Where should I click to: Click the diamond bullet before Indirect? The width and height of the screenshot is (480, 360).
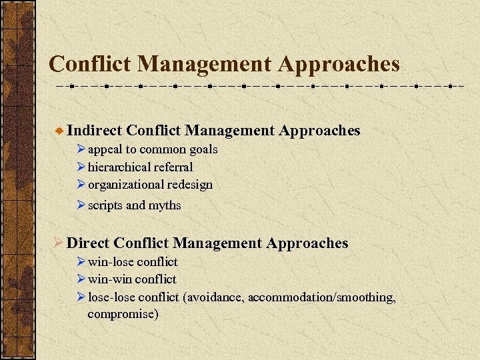click(x=59, y=131)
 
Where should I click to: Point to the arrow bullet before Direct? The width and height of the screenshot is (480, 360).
click(x=58, y=243)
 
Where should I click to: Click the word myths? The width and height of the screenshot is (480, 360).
click(x=165, y=205)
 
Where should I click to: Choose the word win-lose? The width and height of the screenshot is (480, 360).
click(x=110, y=262)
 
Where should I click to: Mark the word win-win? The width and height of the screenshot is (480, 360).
click(x=109, y=279)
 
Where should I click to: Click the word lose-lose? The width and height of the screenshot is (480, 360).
click(x=111, y=297)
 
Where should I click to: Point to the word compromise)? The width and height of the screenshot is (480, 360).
click(x=123, y=314)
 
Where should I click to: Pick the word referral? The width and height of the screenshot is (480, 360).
click(x=174, y=167)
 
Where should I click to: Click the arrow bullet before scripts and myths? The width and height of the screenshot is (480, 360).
click(x=81, y=205)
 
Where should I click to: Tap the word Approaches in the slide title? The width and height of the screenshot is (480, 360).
click(x=339, y=64)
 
